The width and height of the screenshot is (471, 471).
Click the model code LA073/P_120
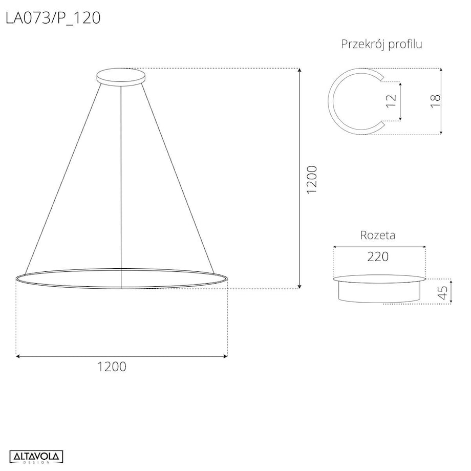pyautogui.click(x=53, y=18)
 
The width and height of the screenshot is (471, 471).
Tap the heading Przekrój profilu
pyautogui.click(x=381, y=44)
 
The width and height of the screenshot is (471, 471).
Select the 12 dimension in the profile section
pyautogui.click(x=392, y=101)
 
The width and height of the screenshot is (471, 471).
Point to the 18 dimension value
pyautogui.click(x=436, y=101)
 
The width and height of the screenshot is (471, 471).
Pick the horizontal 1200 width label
pyautogui.click(x=112, y=367)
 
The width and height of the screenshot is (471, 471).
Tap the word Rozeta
pyautogui.click(x=378, y=235)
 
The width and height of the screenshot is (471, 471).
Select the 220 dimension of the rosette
pyautogui.click(x=378, y=256)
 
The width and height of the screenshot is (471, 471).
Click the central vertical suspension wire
pyautogui.click(x=121, y=184)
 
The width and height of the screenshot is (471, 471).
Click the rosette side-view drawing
pyautogui.click(x=379, y=289)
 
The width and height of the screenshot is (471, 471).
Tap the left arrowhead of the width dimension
pyautogui.click(x=18, y=356)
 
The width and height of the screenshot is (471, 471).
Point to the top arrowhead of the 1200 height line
pyautogui.click(x=299, y=71)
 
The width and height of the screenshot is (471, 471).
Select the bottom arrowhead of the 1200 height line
pyautogui.click(x=299, y=286)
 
